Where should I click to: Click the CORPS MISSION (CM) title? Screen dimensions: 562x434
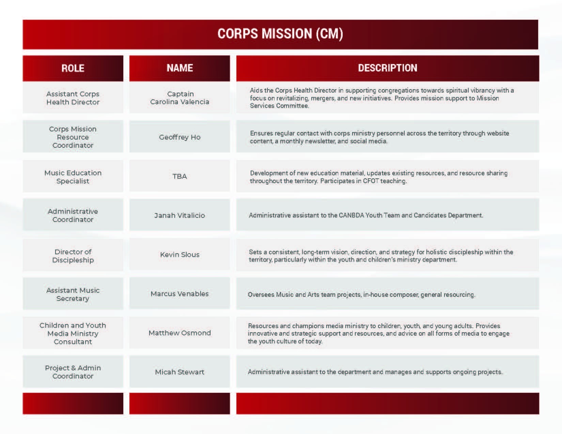pyautogui.click(x=280, y=34)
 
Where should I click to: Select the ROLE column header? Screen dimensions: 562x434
pyautogui.click(x=73, y=68)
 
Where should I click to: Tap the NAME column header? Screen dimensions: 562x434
pyautogui.click(x=180, y=68)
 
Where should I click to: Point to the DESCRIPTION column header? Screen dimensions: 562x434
pyautogui.click(x=387, y=68)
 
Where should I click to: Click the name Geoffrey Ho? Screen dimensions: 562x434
pyautogui.click(x=180, y=137)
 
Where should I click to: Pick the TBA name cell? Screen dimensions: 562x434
pyautogui.click(x=180, y=176)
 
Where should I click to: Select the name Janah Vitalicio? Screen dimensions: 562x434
pyautogui.click(x=180, y=215)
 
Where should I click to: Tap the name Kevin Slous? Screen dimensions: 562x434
pyautogui.click(x=180, y=255)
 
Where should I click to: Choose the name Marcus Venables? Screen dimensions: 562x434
pyautogui.click(x=180, y=294)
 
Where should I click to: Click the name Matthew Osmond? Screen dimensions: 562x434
pyautogui.click(x=180, y=333)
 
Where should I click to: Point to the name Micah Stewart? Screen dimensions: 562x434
pyautogui.click(x=180, y=372)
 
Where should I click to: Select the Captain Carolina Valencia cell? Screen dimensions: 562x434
pyautogui.click(x=180, y=98)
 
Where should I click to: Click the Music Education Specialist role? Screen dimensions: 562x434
pyautogui.click(x=73, y=177)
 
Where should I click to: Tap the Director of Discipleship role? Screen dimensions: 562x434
pyautogui.click(x=73, y=256)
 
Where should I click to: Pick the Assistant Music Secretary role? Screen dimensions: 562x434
pyautogui.click(x=73, y=294)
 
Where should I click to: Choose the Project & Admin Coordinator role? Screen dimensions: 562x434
pyautogui.click(x=73, y=372)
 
